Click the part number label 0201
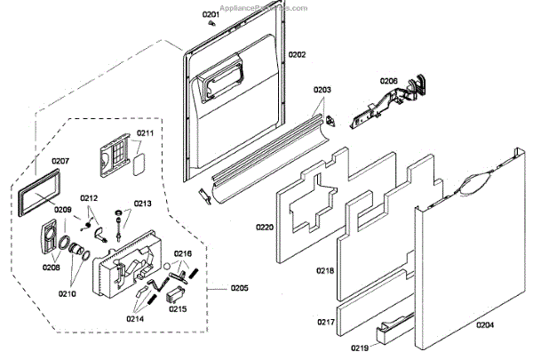(210, 16)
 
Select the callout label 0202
(297, 55)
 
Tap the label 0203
(322, 90)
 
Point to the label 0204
(484, 324)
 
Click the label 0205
(239, 288)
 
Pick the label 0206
(389, 81)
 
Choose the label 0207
(60, 161)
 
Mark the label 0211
(145, 133)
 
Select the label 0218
(324, 269)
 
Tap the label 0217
(325, 322)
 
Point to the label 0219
(359, 348)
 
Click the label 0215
(178, 309)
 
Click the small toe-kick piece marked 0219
(396, 332)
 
